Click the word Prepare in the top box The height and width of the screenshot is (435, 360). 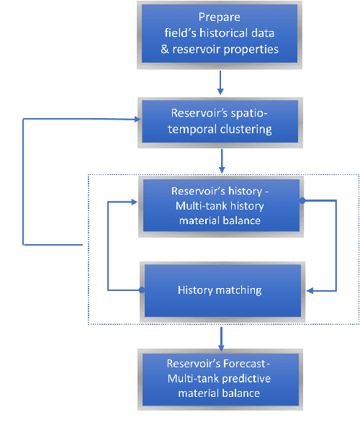(220, 17)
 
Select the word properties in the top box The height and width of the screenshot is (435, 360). (252, 50)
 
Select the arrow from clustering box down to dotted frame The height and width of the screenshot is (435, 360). (221, 160)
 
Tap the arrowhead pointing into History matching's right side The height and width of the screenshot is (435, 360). (310, 291)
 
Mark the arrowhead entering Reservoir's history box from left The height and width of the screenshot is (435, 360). (137, 202)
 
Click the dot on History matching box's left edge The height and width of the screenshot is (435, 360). (142, 290)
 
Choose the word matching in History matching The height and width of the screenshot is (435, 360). (240, 291)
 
